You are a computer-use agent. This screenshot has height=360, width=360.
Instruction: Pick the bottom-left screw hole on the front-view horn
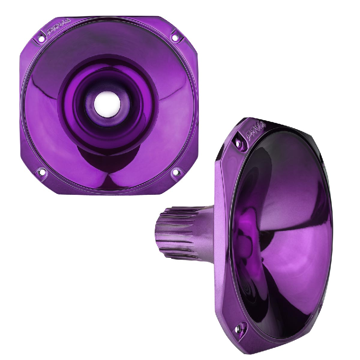point(41,172)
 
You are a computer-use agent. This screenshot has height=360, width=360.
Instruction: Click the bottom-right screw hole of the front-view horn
point(176,171)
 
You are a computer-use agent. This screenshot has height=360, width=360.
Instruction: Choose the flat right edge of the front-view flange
point(197,103)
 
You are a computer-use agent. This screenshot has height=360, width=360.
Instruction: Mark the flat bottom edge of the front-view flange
point(108,192)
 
